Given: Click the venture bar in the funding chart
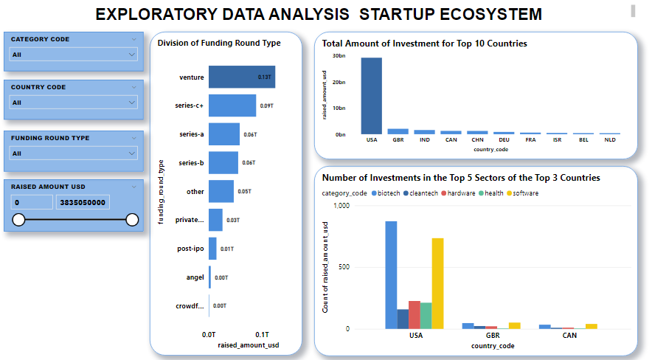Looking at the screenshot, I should [241, 77].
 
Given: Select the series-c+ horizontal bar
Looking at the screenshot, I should [232, 105].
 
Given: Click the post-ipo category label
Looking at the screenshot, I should [190, 249].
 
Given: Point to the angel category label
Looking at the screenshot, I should [195, 277].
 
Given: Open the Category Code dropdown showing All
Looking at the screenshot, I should [73, 55].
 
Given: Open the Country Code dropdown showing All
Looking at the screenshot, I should [73, 103].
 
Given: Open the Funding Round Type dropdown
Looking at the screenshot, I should [73, 153].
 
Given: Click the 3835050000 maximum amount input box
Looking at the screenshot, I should [83, 202].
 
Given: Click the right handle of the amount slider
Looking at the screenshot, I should [132, 219].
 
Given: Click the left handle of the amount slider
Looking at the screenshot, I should [19, 219].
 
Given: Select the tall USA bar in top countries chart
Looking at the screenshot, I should [371, 96].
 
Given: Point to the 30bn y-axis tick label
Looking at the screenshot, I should [339, 56].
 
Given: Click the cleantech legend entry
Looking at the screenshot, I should [420, 193].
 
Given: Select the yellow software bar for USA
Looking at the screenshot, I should [437, 283].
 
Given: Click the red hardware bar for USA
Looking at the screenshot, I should [415, 314].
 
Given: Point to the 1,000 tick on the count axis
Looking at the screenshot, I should [340, 206].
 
